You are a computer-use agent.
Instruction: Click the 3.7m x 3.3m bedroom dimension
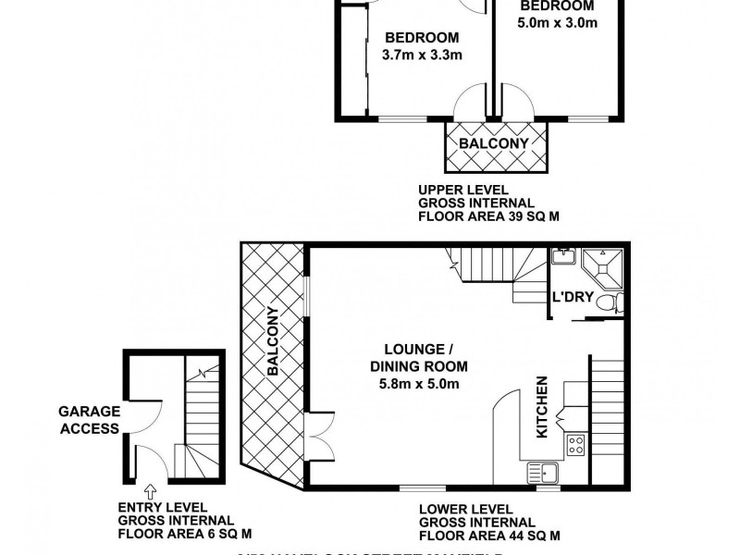[422, 55]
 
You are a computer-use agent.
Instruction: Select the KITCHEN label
[543, 407]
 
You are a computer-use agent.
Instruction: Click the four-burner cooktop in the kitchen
[575, 444]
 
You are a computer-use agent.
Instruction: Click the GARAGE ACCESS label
[89, 420]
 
